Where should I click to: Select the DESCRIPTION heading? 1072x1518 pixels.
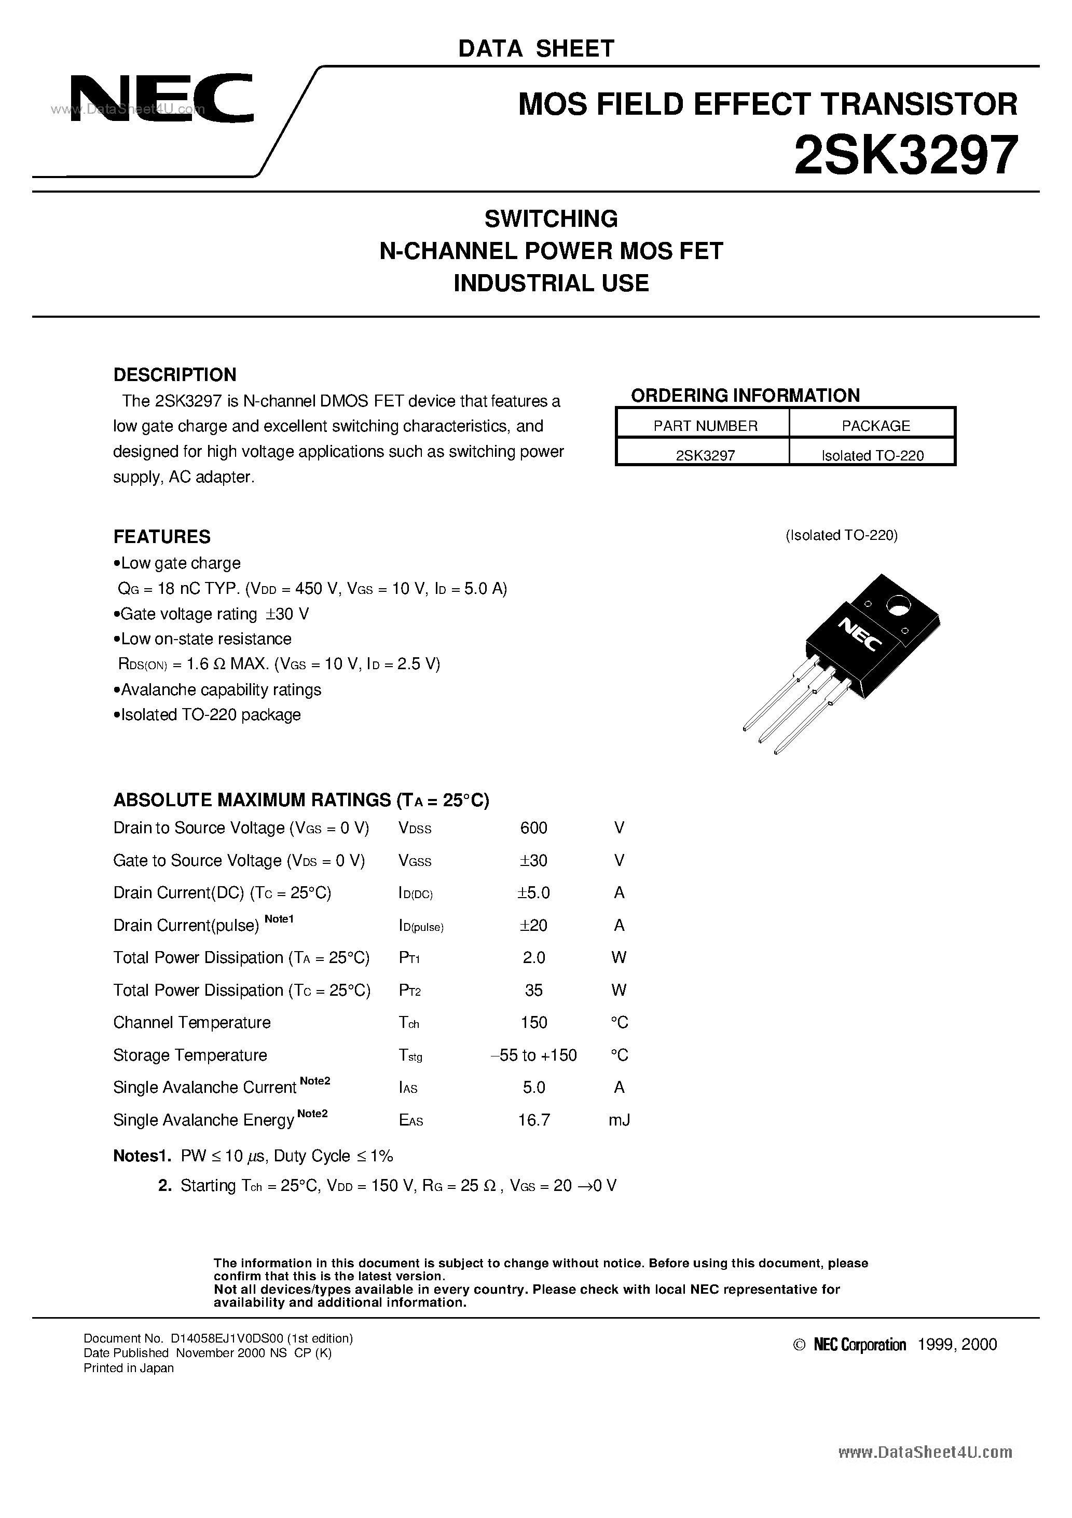174,375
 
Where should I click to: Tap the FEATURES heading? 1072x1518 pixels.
162,536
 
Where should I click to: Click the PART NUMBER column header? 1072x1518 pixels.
705,426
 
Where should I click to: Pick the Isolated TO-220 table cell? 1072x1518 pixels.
872,455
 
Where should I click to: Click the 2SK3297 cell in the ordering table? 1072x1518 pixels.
705,455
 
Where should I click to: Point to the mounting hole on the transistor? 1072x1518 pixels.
898,605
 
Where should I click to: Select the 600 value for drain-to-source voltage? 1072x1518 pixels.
533,828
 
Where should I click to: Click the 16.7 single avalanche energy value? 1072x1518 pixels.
533,1120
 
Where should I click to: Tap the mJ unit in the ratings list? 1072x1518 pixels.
619,1120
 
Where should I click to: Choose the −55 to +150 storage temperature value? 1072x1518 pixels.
533,1055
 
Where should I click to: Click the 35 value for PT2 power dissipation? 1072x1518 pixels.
533,991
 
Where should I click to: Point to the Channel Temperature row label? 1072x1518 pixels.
191,1023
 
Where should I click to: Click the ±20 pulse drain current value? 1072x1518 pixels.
533,926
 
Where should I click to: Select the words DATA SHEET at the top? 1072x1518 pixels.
536,48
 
